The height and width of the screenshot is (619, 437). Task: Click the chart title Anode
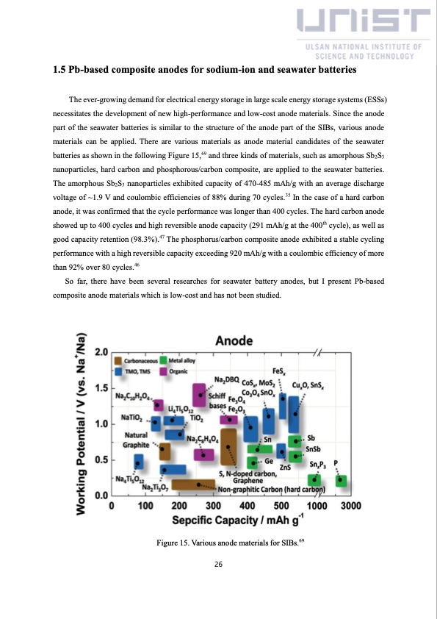tap(234, 340)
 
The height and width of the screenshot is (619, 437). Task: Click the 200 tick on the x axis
tap(179, 506)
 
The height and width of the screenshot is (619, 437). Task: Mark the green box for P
tap(341, 481)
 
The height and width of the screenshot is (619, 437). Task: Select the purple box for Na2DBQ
tap(199, 395)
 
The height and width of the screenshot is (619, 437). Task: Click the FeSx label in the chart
tap(279, 371)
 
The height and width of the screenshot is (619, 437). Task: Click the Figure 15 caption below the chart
tap(231, 543)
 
